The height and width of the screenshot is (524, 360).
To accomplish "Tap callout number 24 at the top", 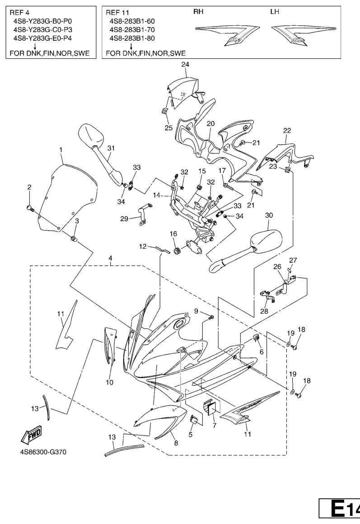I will click(185, 65).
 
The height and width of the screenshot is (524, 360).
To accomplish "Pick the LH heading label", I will click(275, 12).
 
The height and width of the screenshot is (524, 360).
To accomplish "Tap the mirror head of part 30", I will click(266, 242).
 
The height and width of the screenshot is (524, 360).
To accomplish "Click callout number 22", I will click(287, 130).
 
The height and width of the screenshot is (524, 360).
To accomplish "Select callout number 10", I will click(110, 383).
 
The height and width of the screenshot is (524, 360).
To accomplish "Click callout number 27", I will click(294, 260).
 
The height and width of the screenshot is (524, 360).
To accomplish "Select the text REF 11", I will click(118, 12).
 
